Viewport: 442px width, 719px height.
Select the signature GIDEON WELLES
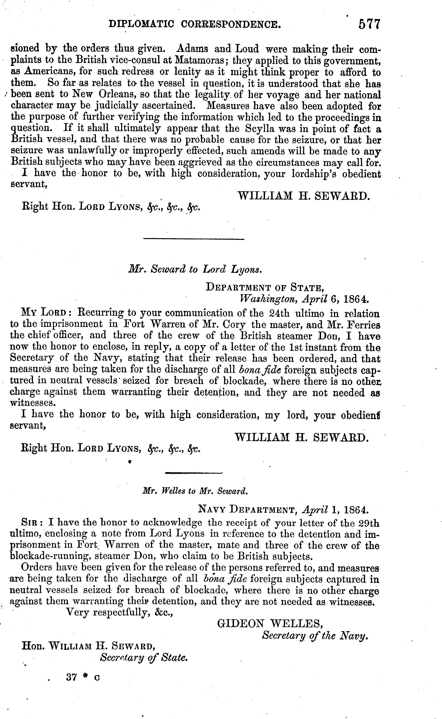pos(270,624)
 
